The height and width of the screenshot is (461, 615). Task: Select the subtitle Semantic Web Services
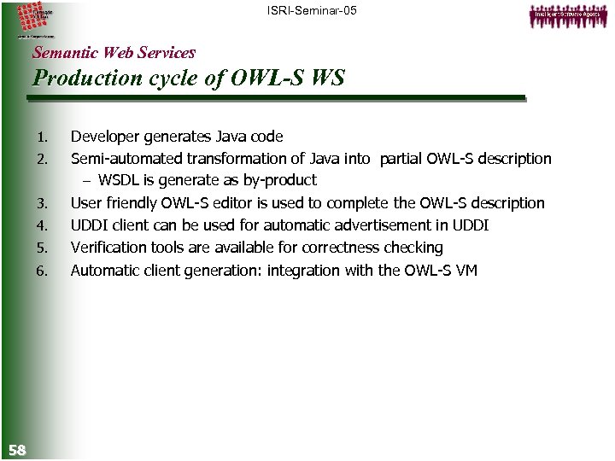[114, 53]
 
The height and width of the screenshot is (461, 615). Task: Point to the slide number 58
[16, 449]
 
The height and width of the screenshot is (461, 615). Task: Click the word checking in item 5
[415, 248]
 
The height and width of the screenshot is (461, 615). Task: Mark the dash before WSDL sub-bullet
[88, 181]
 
